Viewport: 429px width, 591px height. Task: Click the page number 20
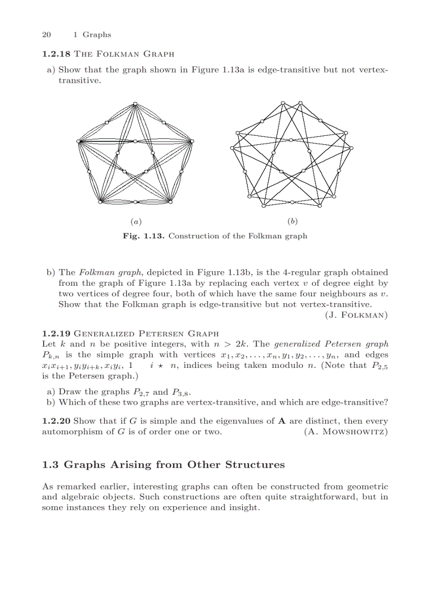tap(46, 35)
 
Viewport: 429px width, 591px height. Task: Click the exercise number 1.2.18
tap(56, 54)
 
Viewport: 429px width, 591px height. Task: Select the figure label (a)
tap(135, 222)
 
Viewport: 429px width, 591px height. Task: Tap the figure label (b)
tap(293, 222)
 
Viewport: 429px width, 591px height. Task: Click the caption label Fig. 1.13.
tap(144, 236)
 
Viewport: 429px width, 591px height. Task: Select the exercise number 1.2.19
tap(56, 333)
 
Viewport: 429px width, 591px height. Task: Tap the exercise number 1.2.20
tap(56, 421)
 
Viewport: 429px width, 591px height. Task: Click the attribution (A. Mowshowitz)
tap(346, 432)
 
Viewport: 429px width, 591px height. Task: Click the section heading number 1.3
tap(51, 465)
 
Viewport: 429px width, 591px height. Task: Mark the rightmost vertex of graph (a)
tap(192, 141)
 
